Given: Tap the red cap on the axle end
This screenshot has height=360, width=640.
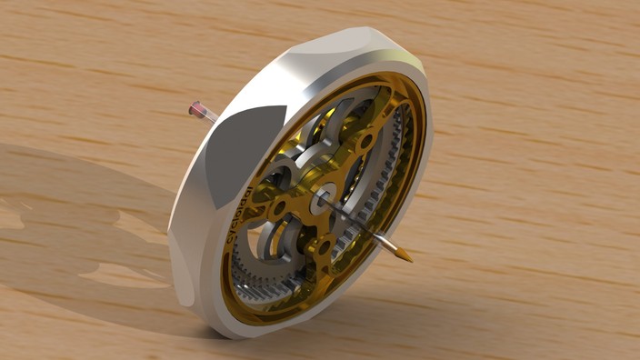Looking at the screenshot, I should point(195,110).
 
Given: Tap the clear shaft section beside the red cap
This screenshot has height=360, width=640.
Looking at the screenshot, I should point(208,115).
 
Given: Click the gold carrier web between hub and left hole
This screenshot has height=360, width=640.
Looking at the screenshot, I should point(300,204).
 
